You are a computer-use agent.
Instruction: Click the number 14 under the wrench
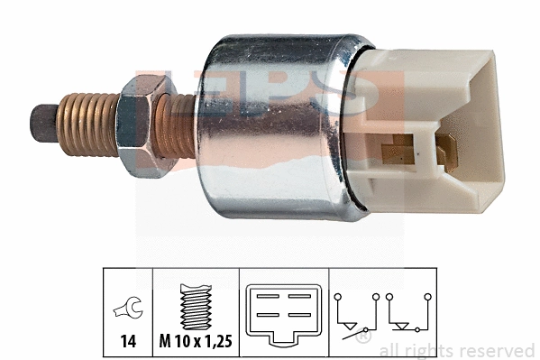pos(127,343)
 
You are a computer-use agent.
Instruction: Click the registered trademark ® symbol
pos(362,338)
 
